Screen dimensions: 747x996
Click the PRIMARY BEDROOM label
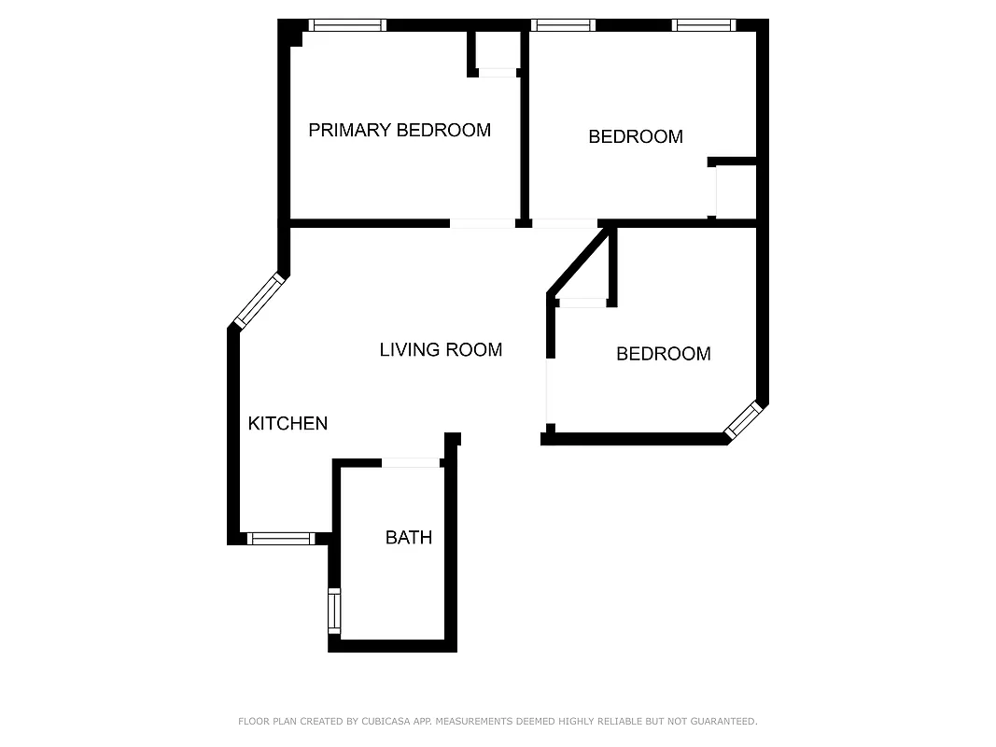point(400,130)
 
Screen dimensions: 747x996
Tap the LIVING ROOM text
point(441,350)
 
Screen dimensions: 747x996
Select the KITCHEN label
point(288,424)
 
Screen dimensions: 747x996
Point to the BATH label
point(409,538)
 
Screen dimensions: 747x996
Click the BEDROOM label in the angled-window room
point(664,354)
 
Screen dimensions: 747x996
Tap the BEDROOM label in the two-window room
point(636,137)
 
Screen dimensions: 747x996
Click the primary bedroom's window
point(348,25)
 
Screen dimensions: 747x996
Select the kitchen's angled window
point(259,300)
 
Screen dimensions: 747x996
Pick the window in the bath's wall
point(334,612)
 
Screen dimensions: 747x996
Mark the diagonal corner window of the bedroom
point(744,419)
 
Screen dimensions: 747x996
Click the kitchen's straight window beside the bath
point(280,538)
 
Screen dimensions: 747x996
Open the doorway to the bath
point(411,462)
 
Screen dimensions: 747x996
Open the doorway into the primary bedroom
point(482,223)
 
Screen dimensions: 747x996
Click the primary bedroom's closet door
point(497,73)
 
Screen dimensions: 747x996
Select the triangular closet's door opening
point(582,303)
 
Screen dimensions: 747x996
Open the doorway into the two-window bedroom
point(564,223)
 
